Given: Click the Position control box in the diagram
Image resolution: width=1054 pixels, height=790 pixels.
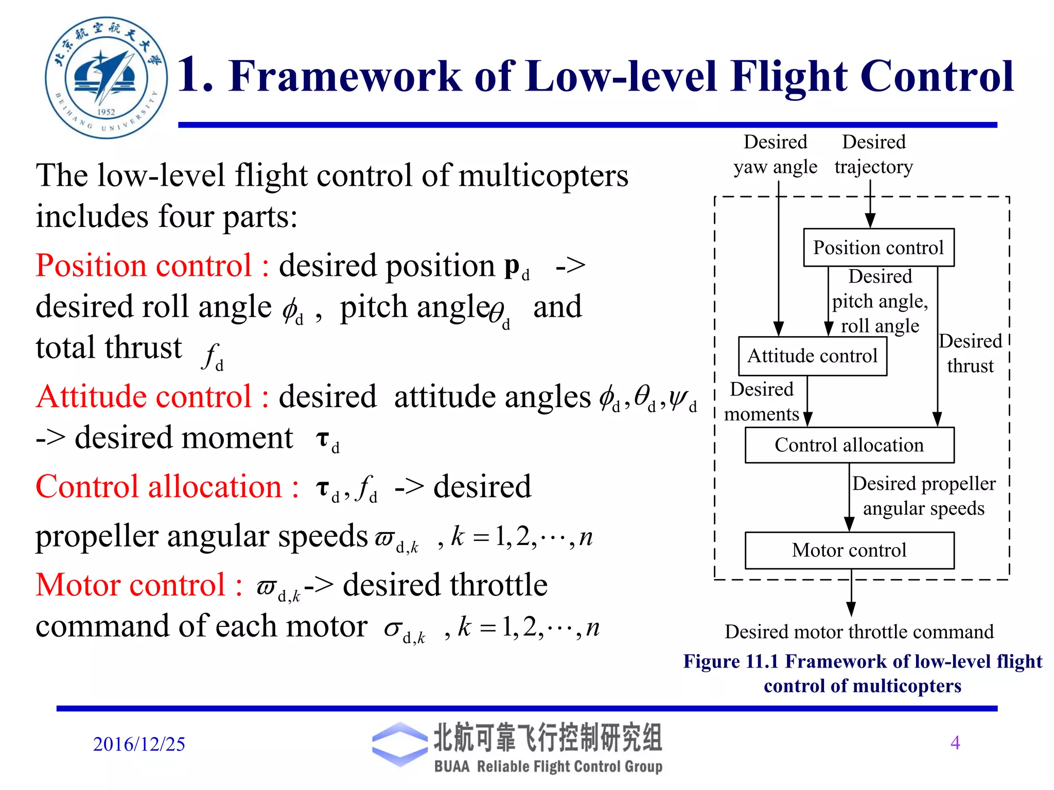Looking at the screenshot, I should (x=878, y=248).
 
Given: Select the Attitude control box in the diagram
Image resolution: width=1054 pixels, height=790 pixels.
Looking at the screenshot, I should (x=812, y=356).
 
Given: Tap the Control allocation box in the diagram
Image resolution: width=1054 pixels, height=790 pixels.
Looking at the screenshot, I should (x=849, y=445).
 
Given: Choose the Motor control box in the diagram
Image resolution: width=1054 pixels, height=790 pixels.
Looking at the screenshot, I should (x=849, y=550).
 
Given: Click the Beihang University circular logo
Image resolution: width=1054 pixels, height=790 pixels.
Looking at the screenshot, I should (x=106, y=78).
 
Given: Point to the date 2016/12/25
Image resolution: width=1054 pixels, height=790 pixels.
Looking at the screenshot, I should (x=139, y=744).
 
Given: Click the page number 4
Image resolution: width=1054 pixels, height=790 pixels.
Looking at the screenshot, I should (x=955, y=742).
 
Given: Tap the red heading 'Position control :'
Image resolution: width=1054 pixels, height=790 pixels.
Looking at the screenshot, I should (x=152, y=266).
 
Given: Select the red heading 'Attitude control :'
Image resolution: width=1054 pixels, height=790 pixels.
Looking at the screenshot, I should (x=152, y=397).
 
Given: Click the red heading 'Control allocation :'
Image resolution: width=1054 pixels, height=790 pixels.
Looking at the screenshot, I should (x=167, y=487).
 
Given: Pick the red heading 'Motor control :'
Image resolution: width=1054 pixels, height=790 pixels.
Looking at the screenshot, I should (x=139, y=585).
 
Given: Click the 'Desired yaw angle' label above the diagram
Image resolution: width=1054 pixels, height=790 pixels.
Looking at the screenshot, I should (x=775, y=154).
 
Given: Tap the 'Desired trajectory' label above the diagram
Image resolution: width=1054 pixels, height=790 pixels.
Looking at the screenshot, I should (x=873, y=154).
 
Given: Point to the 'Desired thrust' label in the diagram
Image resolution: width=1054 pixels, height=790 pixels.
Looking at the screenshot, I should (x=970, y=354).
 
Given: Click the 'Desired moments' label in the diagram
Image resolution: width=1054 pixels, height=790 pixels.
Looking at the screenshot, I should (x=762, y=401).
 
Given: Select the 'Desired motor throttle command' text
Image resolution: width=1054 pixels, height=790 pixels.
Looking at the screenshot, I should (x=859, y=631).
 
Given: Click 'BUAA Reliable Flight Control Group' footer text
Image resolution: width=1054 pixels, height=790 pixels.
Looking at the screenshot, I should (x=548, y=766).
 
